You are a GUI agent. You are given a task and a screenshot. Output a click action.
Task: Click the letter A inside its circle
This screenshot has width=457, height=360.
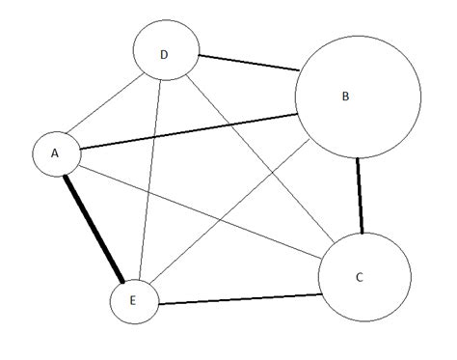pyautogui.click(x=55, y=152)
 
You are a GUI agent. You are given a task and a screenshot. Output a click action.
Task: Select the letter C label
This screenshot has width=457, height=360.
pyautogui.click(x=359, y=278)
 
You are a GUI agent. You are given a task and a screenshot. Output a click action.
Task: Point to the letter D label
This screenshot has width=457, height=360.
pyautogui.click(x=164, y=54)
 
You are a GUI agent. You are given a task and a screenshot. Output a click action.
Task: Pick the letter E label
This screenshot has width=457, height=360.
pyautogui.click(x=132, y=302)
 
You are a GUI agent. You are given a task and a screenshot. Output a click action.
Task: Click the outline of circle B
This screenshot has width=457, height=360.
pyautogui.click(x=295, y=97)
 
